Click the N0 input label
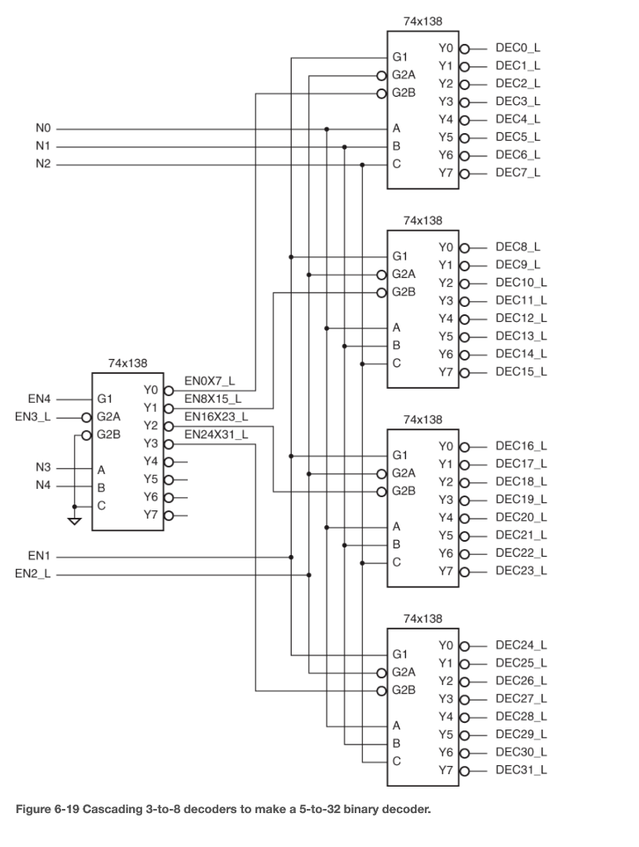[x=43, y=129]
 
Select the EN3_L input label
[x=32, y=416]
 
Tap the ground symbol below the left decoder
[x=74, y=521]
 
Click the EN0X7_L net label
[x=210, y=381]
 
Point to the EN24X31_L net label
[x=216, y=434]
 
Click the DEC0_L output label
[x=517, y=49]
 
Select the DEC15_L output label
[x=521, y=372]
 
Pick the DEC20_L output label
[x=521, y=517]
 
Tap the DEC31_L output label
[x=521, y=770]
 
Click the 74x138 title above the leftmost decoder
[x=127, y=363]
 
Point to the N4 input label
[x=43, y=486]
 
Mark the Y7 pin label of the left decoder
[x=150, y=514]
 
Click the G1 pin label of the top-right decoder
[x=400, y=57]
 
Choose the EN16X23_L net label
[x=216, y=417]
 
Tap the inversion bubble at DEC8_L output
[x=465, y=247]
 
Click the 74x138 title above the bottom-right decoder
[x=422, y=619]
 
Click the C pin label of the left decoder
[x=101, y=505]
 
